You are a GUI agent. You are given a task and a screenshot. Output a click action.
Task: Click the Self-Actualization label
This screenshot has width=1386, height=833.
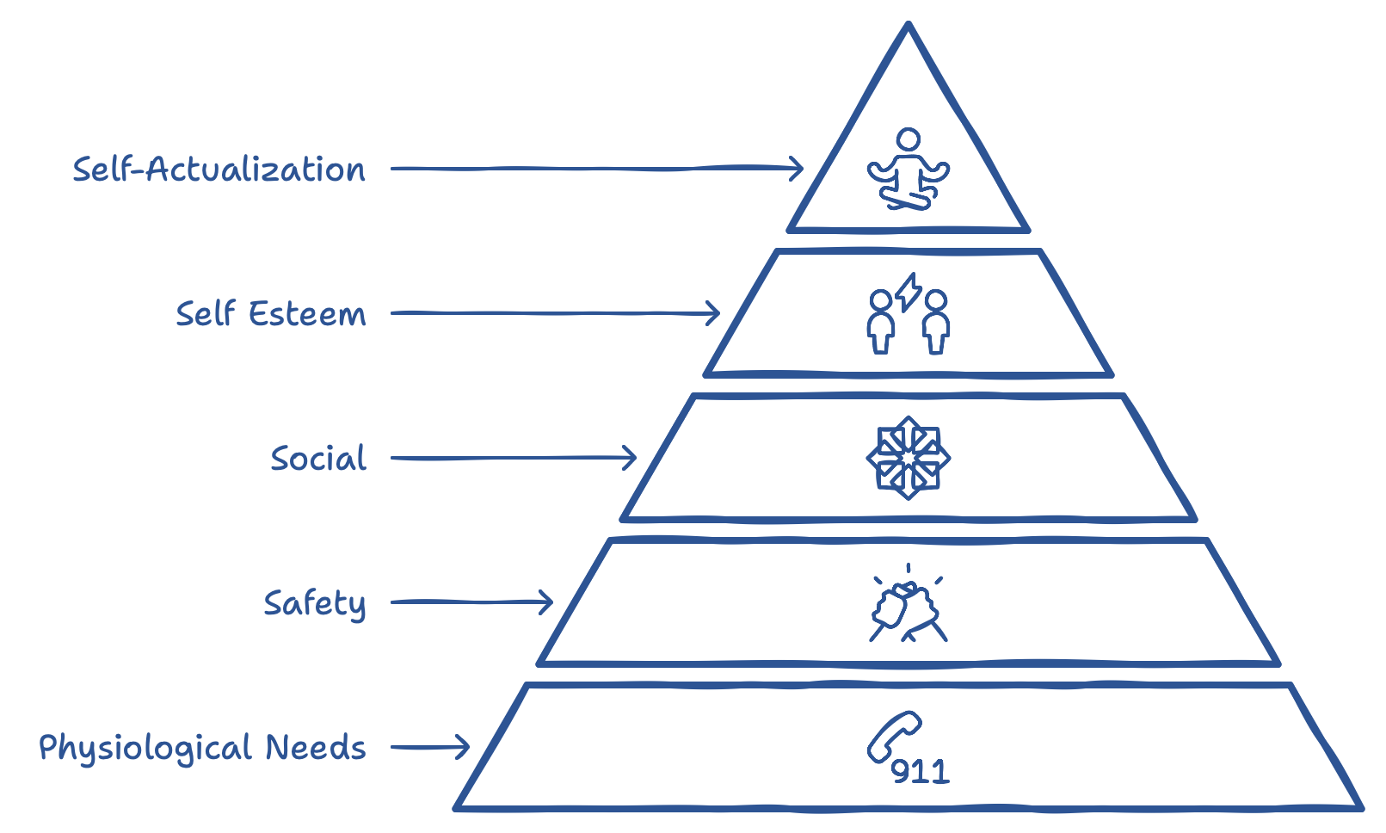tap(219, 170)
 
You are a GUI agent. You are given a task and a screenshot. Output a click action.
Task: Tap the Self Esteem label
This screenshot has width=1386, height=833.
tap(271, 314)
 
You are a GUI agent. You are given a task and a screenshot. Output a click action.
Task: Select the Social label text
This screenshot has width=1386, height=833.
tap(318, 459)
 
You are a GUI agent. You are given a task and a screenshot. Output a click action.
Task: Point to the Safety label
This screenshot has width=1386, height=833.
tap(315, 603)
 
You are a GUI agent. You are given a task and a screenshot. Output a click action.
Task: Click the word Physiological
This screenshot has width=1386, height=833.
tap(145, 748)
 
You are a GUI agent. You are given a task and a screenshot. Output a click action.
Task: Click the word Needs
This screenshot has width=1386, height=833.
tap(316, 747)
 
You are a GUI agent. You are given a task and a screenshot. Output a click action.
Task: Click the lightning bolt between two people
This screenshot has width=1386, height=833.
tap(908, 293)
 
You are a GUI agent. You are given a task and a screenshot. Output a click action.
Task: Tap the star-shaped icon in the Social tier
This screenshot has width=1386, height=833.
tap(908, 458)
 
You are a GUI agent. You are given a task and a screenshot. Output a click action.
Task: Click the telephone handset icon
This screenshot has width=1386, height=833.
tap(894, 737)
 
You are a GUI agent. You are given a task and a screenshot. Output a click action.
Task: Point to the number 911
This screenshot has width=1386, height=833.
tap(920, 771)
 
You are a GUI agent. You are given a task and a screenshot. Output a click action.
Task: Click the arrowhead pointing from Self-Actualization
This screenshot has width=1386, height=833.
tap(798, 168)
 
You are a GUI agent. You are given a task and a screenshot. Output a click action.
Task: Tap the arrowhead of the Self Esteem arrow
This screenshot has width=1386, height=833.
tap(714, 313)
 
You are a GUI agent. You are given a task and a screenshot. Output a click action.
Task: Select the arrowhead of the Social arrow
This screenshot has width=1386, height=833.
tap(631, 458)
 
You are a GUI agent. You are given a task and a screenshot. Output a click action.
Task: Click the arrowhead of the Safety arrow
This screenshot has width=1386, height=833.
tap(547, 602)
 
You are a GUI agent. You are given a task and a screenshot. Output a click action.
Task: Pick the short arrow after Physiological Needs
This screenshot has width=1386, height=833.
tap(430, 747)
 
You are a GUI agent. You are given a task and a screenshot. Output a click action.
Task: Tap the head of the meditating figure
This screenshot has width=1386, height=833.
tap(908, 139)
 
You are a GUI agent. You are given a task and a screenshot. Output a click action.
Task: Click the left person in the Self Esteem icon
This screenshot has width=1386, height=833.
tap(880, 322)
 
